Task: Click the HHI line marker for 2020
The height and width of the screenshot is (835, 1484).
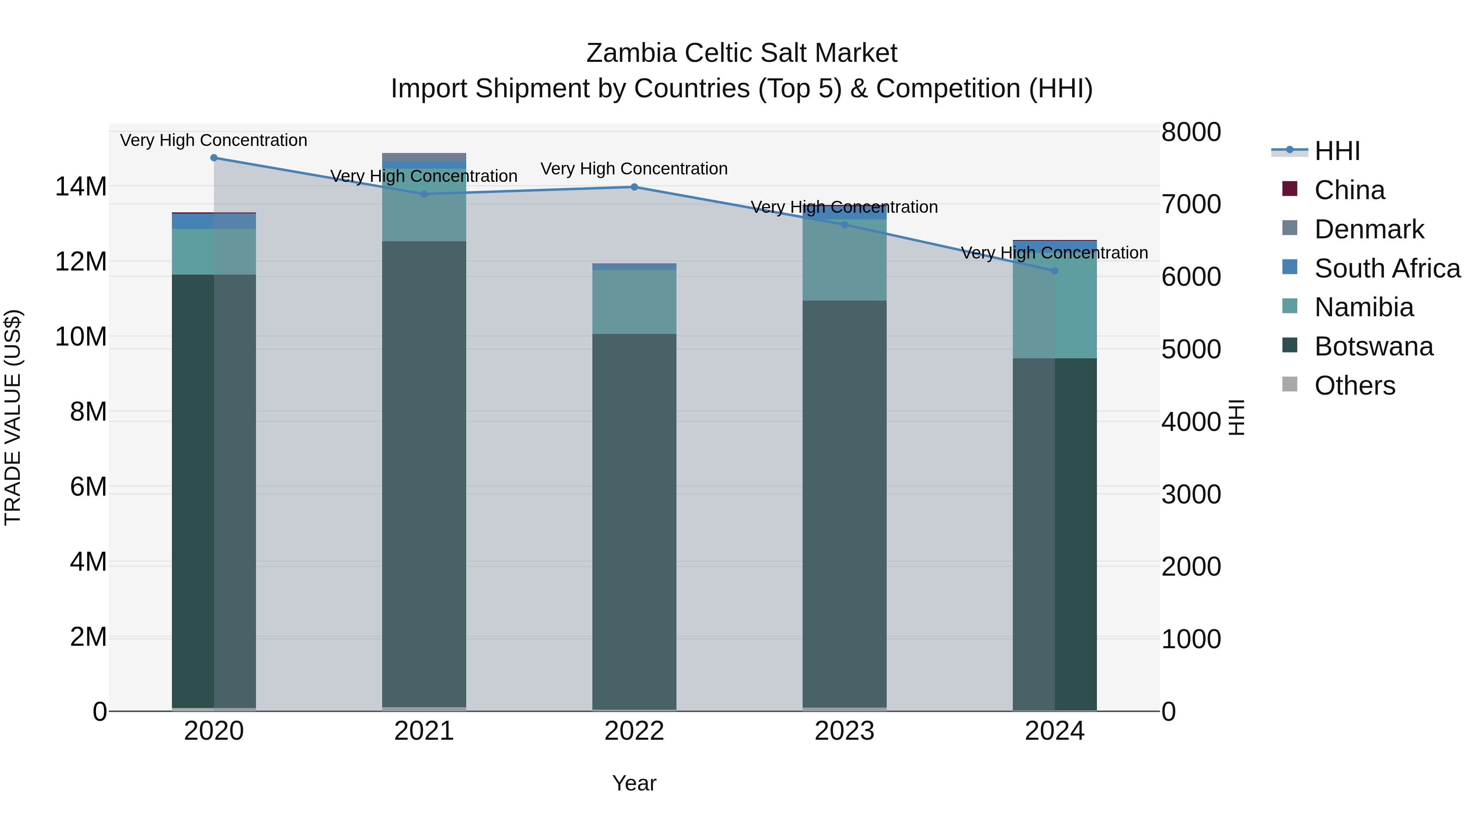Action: coord(214,158)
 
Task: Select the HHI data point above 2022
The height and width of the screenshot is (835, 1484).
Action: coord(634,187)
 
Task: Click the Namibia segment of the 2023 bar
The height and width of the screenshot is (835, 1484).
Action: coord(845,259)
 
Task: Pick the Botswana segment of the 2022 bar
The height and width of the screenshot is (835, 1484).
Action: coord(634,519)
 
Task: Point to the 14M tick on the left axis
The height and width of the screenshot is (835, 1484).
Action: coord(81,187)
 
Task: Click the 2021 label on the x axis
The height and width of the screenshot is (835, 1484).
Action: coord(424,731)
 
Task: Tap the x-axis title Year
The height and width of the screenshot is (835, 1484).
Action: coord(634,783)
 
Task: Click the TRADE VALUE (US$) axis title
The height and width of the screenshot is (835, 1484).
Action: coord(13,417)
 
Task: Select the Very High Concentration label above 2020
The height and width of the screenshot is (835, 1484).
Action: coord(214,140)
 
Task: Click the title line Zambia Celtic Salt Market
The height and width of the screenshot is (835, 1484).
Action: coord(742,53)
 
